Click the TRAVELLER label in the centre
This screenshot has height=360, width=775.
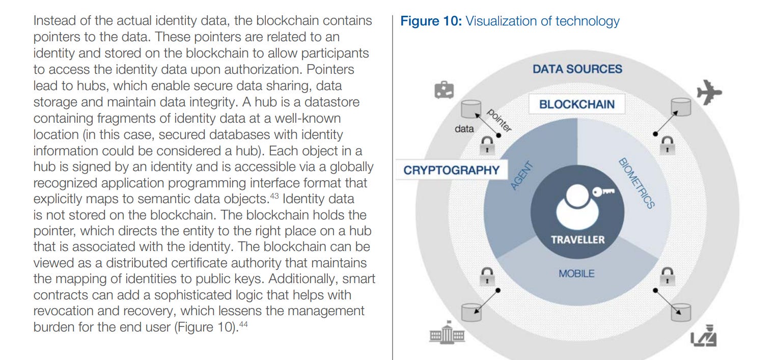[x=577, y=239]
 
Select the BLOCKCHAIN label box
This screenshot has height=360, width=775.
[x=576, y=104]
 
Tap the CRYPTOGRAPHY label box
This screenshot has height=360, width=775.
[x=451, y=170]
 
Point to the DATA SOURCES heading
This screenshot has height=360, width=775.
[x=577, y=69]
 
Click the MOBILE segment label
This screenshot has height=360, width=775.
[x=576, y=273]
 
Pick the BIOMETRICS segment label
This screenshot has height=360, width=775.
[x=636, y=183]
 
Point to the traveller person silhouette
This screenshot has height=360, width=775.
[x=576, y=206]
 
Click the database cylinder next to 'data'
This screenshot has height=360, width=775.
[x=470, y=108]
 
